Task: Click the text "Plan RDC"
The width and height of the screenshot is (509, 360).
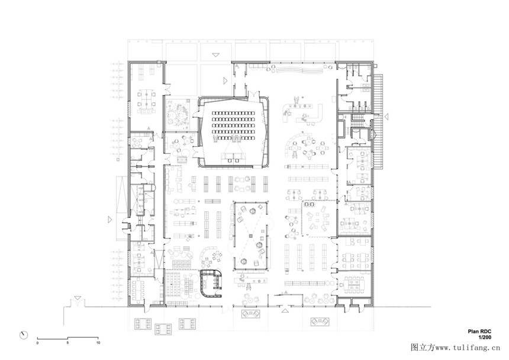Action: click(x=479, y=332)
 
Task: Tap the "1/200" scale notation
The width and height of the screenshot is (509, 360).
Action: click(x=485, y=337)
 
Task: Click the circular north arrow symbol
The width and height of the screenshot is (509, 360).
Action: click(x=24, y=335)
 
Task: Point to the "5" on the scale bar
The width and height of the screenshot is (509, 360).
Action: click(x=67, y=342)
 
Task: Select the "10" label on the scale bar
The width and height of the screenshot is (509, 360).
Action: click(x=98, y=342)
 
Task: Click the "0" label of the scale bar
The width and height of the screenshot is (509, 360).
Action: click(x=37, y=342)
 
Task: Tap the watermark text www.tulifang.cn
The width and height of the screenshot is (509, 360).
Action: click(x=468, y=348)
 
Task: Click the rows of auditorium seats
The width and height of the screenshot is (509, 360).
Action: click(x=233, y=125)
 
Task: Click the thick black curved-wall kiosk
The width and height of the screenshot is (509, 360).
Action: click(x=211, y=284)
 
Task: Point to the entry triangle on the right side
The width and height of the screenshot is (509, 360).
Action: click(x=386, y=116)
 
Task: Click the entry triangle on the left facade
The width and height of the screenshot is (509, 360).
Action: click(x=109, y=220)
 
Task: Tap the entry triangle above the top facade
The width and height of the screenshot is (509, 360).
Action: click(x=216, y=55)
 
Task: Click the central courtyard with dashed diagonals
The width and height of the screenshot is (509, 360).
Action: click(x=250, y=235)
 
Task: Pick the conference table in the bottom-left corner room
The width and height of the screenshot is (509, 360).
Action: click(x=139, y=290)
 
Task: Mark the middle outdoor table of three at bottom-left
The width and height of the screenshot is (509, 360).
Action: click(x=163, y=329)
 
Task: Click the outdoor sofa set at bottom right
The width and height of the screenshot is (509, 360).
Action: click(x=320, y=322)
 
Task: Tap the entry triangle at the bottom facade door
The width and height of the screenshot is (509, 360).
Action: click(x=285, y=311)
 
